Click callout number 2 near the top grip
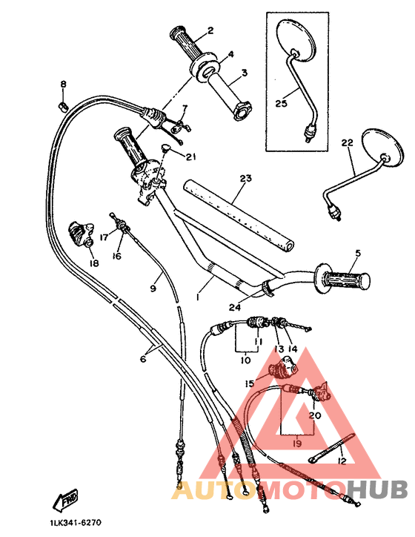(210, 30)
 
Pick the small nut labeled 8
(63, 107)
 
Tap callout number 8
(63, 85)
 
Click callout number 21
(191, 157)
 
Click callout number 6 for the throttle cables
(143, 358)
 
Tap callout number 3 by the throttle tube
(243, 74)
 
